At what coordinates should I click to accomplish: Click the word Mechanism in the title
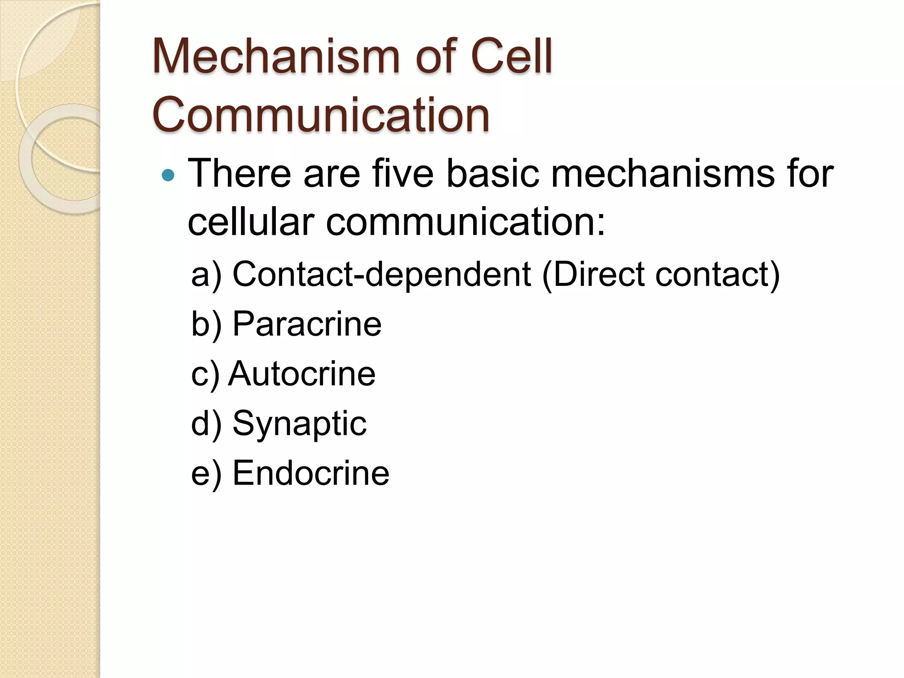(275, 56)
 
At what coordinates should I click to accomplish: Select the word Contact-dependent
(381, 274)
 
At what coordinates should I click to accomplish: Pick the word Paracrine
(307, 324)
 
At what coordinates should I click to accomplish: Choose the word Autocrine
(302, 374)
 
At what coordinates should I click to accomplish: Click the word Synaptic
(299, 424)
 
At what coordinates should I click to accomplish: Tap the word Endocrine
(311, 473)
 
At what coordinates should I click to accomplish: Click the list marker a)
(206, 275)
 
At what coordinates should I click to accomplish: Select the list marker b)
(206, 325)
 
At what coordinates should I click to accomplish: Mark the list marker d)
(206, 424)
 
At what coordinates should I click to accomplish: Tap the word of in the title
(437, 56)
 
